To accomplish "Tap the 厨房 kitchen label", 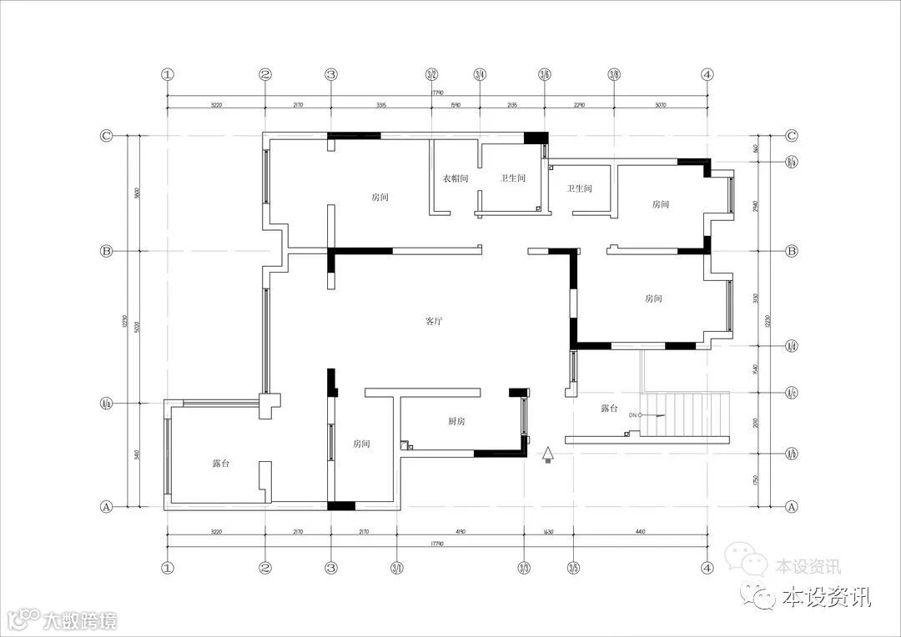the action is (x=456, y=422).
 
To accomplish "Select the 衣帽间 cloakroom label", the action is (x=456, y=178).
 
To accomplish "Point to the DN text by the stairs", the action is (x=633, y=414).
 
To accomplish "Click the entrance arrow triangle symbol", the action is (x=548, y=454).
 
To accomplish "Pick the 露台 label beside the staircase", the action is (x=609, y=409).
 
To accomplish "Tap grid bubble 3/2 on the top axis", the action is (x=431, y=74).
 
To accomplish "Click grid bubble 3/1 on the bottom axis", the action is (x=397, y=568).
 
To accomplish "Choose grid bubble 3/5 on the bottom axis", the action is (x=574, y=568).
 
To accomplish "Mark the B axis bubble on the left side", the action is (x=106, y=250).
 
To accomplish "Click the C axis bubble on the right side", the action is (x=792, y=135).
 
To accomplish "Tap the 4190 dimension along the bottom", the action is (x=460, y=531).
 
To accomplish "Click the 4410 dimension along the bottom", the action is (x=640, y=531).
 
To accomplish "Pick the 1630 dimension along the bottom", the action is (x=548, y=531).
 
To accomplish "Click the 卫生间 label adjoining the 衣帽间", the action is (x=512, y=178).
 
